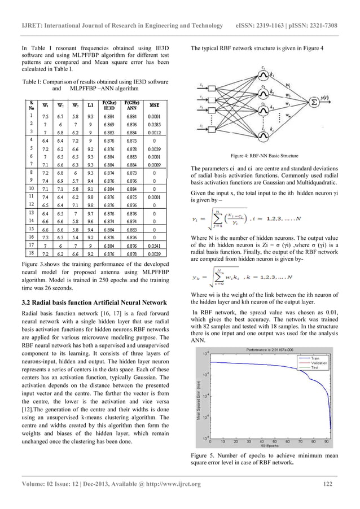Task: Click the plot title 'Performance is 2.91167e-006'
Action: (x=270, y=350)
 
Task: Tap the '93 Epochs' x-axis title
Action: (x=270, y=446)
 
